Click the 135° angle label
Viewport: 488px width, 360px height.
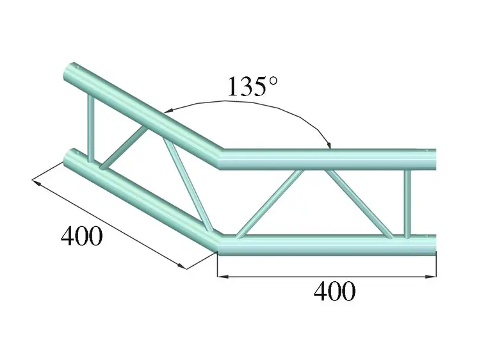pyautogui.click(x=255, y=86)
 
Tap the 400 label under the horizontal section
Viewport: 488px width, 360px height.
pyautogui.click(x=334, y=291)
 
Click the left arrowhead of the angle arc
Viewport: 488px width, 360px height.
pyautogui.click(x=167, y=110)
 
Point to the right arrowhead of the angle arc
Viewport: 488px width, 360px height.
pyautogui.click(x=328, y=144)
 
